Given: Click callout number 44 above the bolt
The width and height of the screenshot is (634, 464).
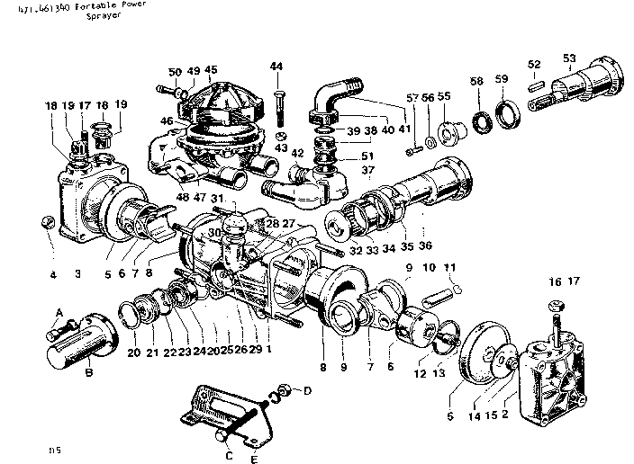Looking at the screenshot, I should click(x=276, y=67).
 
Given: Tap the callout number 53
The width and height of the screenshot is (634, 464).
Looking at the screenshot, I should click(x=569, y=59).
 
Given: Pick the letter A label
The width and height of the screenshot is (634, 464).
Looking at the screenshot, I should click(x=60, y=311).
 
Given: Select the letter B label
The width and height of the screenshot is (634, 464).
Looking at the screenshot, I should click(x=88, y=370).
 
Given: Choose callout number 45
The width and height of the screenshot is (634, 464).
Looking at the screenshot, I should click(x=211, y=70).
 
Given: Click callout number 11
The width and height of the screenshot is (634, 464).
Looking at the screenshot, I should click(x=449, y=268).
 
